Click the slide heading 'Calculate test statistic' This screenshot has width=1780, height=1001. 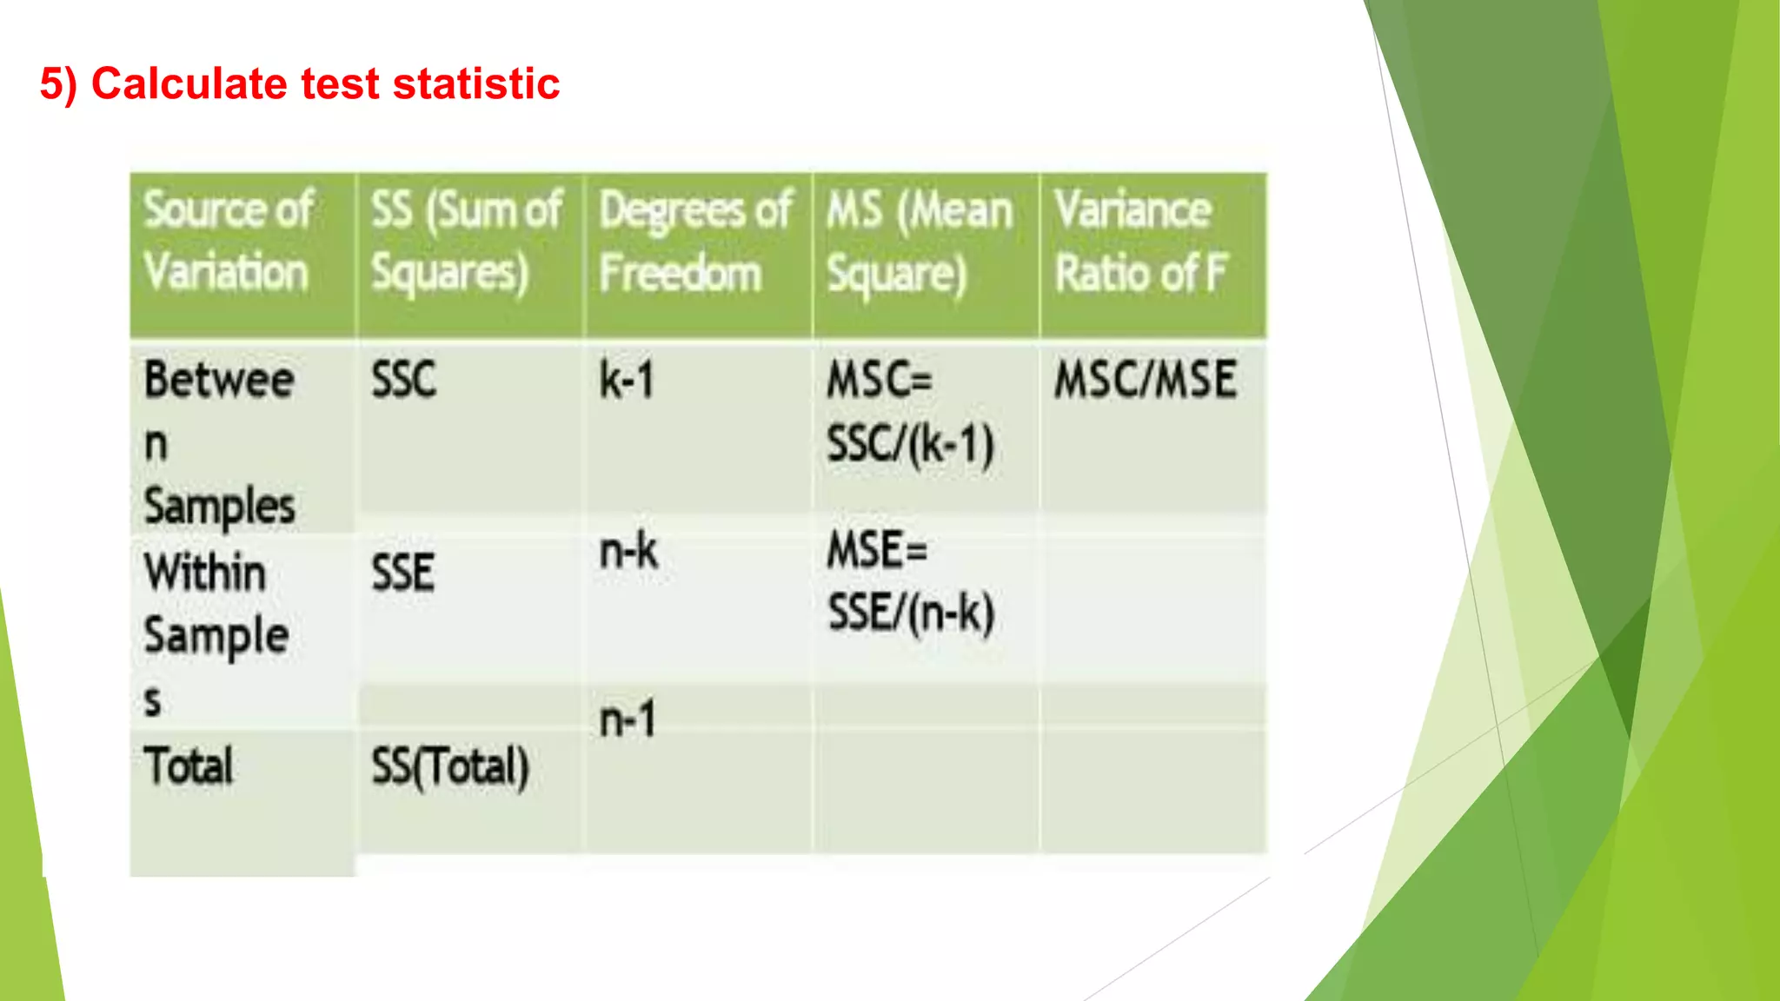click(300, 84)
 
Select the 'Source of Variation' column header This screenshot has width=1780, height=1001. click(228, 241)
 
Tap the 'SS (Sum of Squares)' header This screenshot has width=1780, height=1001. click(467, 241)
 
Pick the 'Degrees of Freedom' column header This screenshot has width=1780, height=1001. click(694, 241)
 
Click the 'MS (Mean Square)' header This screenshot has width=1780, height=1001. click(919, 241)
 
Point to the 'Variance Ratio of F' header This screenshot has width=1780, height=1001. click(1140, 241)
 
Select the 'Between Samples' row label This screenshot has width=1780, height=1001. click(219, 442)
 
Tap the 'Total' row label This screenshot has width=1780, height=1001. click(189, 766)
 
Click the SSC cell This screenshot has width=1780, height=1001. click(404, 380)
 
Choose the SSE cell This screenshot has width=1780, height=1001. click(403, 573)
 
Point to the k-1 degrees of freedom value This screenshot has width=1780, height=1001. click(627, 381)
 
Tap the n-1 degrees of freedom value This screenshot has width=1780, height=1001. click(628, 719)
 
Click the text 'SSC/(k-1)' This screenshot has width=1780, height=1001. click(910, 444)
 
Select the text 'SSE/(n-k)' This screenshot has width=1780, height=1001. click(911, 613)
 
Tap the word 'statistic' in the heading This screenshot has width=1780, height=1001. click(475, 84)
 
